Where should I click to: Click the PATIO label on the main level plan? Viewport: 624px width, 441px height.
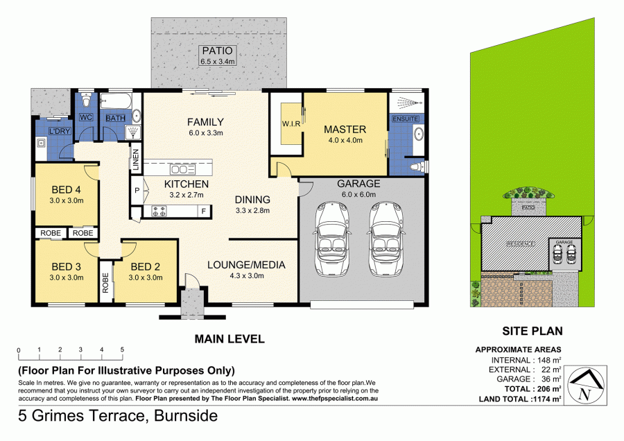pyautogui.click(x=218, y=51)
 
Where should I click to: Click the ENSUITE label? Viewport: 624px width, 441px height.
pyautogui.click(x=404, y=119)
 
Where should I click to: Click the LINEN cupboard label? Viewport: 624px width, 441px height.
pyautogui.click(x=136, y=161)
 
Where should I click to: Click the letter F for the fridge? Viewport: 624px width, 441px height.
pyautogui.click(x=203, y=210)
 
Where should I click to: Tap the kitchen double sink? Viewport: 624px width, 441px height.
pyautogui.click(x=182, y=169)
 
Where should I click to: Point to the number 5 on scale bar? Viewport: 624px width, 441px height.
pyautogui.click(x=122, y=349)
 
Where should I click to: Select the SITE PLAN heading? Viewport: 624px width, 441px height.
pyautogui.click(x=532, y=331)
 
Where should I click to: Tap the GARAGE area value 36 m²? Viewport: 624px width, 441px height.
pyautogui.click(x=548, y=379)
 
